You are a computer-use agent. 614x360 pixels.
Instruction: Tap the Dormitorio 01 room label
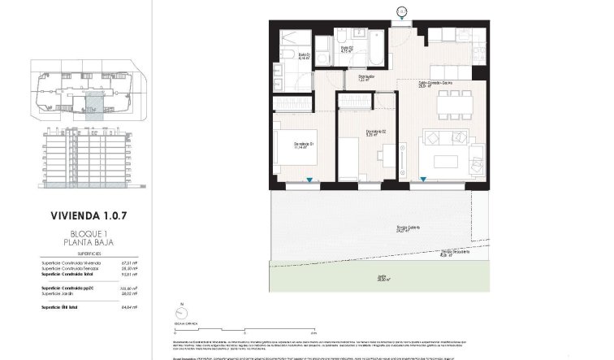[x=304, y=145]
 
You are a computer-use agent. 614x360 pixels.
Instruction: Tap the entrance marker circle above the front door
[x=401, y=11]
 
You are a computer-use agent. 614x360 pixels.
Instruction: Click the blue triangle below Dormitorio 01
[x=309, y=180]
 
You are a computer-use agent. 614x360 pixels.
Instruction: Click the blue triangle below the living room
[x=423, y=180]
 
